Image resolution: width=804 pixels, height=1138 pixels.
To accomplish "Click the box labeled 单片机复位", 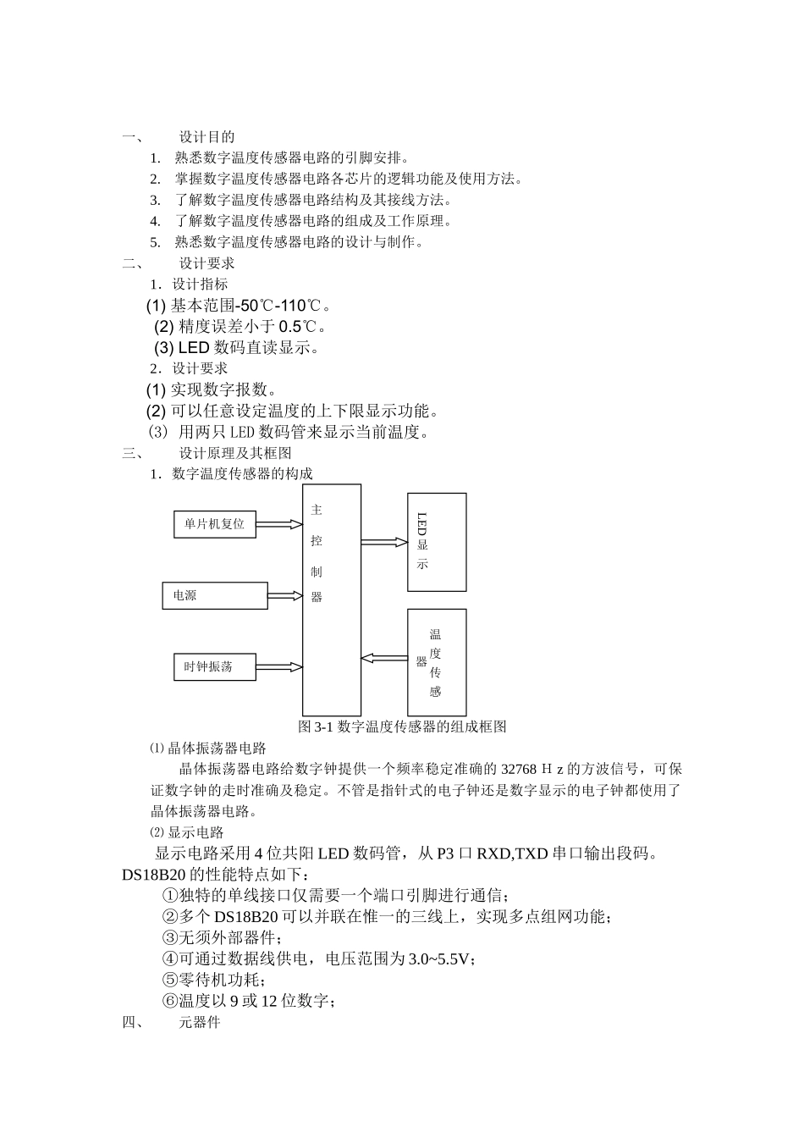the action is point(214,524).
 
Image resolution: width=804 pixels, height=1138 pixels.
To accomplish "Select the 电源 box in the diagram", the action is point(215,595).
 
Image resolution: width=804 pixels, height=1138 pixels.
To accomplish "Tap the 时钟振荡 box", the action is point(214,666).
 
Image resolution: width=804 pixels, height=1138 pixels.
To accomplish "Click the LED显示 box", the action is point(437,542).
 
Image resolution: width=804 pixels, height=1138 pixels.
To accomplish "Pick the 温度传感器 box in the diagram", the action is point(437,662).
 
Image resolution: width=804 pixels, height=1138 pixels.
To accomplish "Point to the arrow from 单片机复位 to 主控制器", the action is point(279,524).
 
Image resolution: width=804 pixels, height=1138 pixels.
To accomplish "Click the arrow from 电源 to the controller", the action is point(285,595).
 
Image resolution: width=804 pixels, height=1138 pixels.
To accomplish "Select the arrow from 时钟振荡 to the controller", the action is point(279,666).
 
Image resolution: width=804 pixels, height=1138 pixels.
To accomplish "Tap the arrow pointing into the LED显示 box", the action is point(384,542).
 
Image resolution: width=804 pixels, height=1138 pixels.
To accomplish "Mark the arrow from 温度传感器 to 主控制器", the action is point(384,658).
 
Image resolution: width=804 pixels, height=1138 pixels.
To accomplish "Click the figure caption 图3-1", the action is point(402,726).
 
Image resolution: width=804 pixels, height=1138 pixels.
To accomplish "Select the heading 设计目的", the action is point(207,137).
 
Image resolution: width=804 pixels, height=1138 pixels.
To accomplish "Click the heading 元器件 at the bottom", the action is point(199,1022).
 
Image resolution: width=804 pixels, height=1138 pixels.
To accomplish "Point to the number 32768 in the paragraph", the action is point(519,769).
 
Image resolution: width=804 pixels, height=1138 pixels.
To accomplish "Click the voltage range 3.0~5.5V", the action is point(441,958).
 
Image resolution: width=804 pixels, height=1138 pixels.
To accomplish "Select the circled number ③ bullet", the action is point(170,937).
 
